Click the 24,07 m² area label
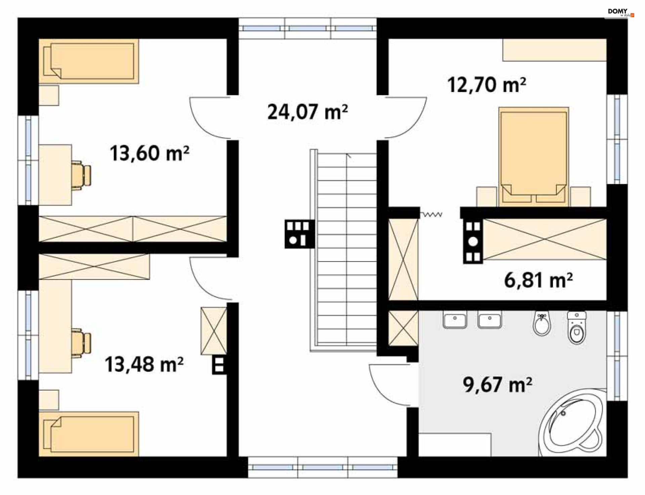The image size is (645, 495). (307, 112)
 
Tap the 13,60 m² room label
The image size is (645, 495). (149, 153)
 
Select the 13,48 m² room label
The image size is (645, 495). (144, 364)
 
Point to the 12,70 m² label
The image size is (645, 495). (486, 85)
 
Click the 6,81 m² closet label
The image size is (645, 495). (538, 280)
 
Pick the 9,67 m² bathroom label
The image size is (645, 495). (497, 385)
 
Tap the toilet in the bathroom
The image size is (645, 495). (576, 328)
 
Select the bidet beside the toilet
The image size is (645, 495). (542, 324)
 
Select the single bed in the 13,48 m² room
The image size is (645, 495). (89, 434)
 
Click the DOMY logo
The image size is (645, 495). (621, 12)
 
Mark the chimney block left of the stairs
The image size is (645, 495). (300, 234)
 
